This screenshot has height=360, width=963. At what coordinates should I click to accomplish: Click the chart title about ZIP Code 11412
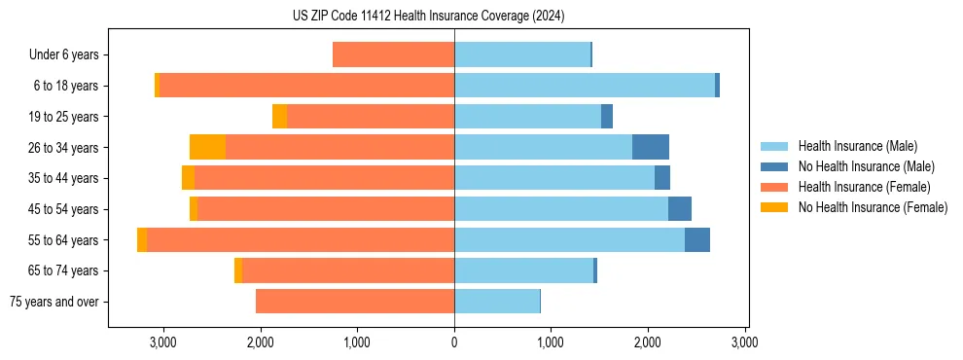pos(428,17)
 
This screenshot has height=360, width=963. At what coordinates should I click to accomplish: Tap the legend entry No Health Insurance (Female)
pos(873,207)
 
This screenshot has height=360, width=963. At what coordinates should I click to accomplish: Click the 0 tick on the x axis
pos(454,342)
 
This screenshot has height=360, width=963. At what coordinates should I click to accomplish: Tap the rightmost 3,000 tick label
pos(745,342)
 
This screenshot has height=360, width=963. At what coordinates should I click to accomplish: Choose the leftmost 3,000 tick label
pos(162,342)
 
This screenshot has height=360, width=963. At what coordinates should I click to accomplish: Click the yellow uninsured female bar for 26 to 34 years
pos(207,147)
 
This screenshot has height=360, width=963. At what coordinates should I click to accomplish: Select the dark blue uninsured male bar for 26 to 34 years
pos(651,147)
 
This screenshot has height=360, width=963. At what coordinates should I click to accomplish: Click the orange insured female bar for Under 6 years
pos(393,54)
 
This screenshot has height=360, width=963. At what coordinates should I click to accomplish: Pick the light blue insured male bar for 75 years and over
pos(497,301)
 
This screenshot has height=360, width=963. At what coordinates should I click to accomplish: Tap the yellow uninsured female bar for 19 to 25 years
pos(279,116)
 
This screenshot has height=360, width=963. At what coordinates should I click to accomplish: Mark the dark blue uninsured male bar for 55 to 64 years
pos(697,239)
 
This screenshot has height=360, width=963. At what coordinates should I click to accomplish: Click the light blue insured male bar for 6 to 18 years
pos(585,86)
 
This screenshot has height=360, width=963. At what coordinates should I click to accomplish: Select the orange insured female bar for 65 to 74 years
pos(348,270)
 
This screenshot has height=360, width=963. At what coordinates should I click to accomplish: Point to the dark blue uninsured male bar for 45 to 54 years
pos(680,208)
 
